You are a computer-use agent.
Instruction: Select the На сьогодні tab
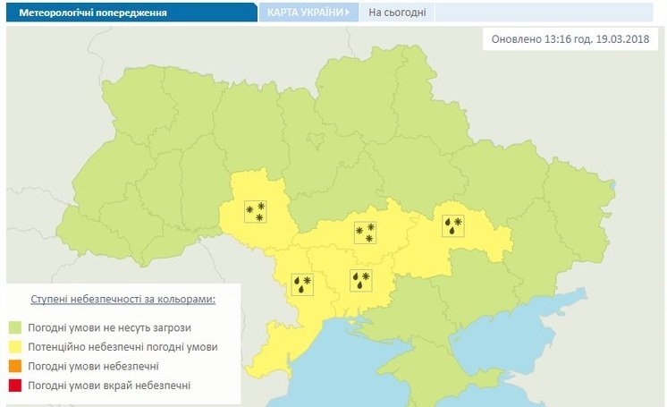point(397,13)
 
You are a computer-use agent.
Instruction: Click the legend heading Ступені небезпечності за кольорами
point(122,299)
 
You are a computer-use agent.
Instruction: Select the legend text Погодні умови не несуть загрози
point(109,327)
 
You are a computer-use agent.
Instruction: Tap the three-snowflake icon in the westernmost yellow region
point(256,211)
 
